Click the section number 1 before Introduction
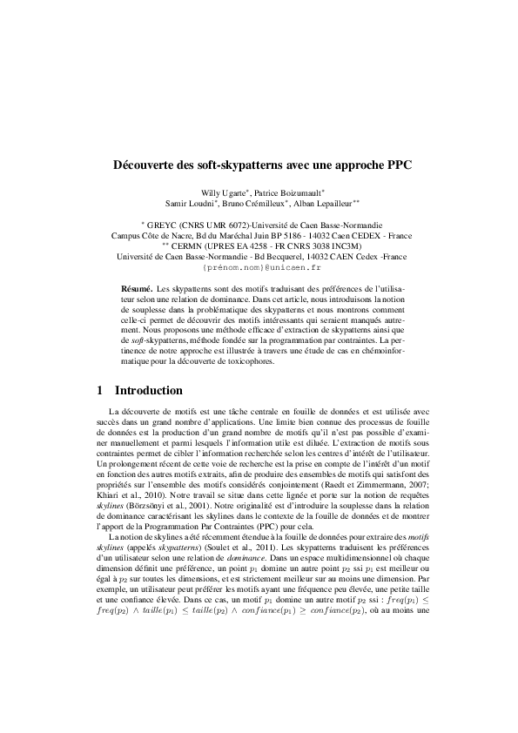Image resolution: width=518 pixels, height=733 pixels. tap(100, 391)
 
